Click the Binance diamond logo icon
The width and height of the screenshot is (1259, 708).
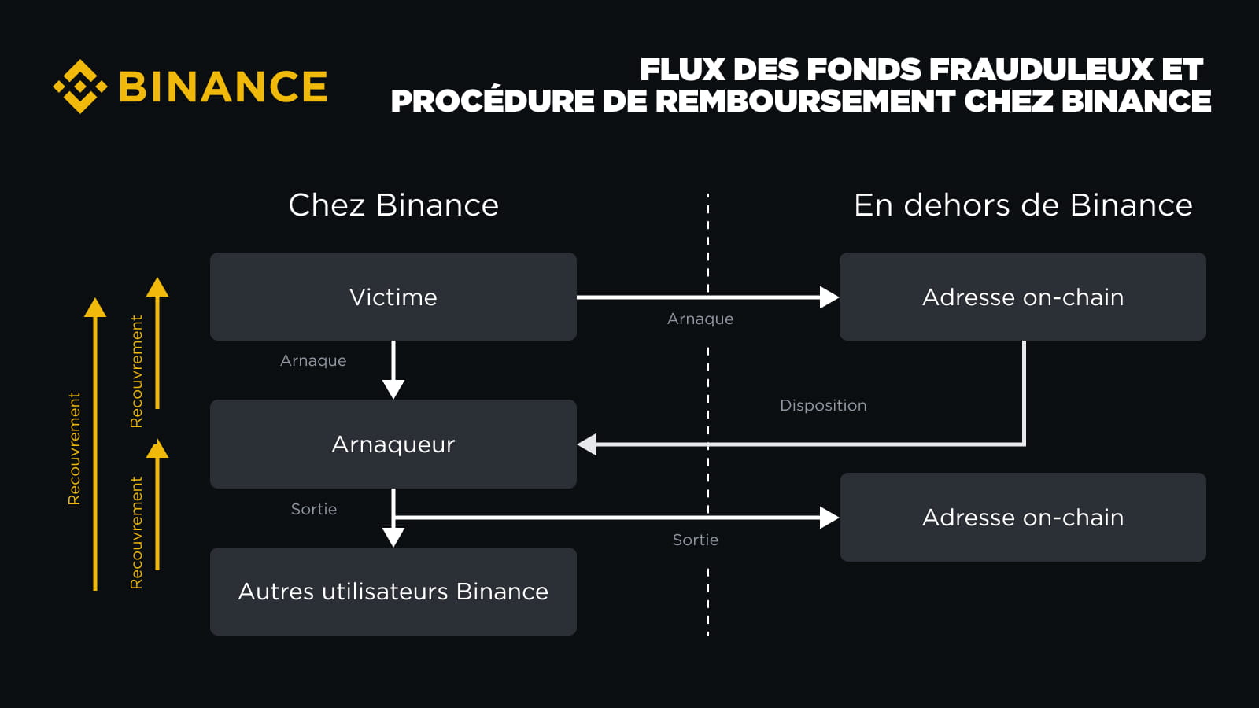79,87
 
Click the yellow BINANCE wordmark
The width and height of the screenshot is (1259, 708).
223,87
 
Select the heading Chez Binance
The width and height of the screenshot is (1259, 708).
393,205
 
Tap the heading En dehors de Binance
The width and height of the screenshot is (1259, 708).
1023,205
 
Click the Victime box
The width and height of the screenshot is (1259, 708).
393,297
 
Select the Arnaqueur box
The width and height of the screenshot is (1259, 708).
393,444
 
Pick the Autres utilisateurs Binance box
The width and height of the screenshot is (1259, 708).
393,592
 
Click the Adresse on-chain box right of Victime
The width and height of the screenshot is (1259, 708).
1023,297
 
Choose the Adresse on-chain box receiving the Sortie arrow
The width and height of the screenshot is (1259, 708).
1023,517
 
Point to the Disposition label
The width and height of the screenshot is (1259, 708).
823,405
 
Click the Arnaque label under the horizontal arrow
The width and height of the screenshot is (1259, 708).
700,319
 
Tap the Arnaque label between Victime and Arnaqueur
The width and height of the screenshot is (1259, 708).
313,361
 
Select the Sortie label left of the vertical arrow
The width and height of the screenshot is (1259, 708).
314,509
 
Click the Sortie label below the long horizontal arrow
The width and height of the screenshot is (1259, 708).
696,540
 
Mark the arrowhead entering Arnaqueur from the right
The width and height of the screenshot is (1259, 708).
587,444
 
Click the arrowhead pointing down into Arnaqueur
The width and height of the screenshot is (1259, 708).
393,389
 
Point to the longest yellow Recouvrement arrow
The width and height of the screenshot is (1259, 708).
95,444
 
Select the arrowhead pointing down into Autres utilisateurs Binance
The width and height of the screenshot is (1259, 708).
393,537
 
